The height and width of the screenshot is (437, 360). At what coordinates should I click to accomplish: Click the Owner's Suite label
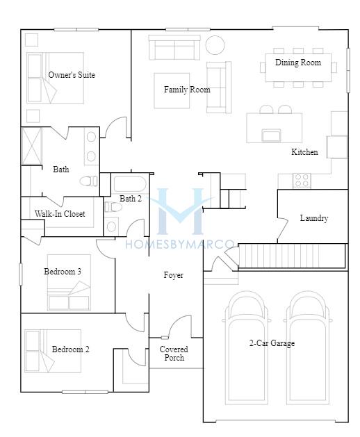(72, 75)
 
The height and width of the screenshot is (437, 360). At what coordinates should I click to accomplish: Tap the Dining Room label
(298, 63)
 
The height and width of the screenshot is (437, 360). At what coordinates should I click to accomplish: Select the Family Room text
(187, 90)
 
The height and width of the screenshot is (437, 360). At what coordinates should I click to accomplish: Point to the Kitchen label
(304, 152)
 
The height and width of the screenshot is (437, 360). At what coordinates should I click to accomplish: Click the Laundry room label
(314, 218)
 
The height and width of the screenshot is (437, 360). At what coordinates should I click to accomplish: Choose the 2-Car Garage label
(272, 343)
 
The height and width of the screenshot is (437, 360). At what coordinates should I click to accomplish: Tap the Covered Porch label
(174, 354)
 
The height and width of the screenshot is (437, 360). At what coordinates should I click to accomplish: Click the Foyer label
(174, 275)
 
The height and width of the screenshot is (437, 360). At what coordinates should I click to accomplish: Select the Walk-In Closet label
(60, 214)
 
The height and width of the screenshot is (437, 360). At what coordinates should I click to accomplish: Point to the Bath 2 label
(131, 199)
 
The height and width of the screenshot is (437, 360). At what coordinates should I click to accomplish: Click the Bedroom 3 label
(63, 271)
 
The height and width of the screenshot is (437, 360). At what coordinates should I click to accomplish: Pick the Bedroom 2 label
(71, 349)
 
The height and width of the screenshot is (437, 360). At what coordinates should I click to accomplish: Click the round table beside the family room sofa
(215, 45)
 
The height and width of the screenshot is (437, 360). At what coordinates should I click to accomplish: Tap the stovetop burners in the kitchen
(302, 181)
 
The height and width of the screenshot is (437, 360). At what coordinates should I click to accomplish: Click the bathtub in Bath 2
(129, 183)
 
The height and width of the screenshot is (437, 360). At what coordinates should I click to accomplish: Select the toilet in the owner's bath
(89, 181)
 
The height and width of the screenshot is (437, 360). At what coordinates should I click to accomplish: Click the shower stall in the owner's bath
(32, 146)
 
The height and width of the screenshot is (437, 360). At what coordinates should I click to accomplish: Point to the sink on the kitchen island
(271, 135)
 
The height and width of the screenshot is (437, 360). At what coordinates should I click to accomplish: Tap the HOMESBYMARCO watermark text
(180, 244)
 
